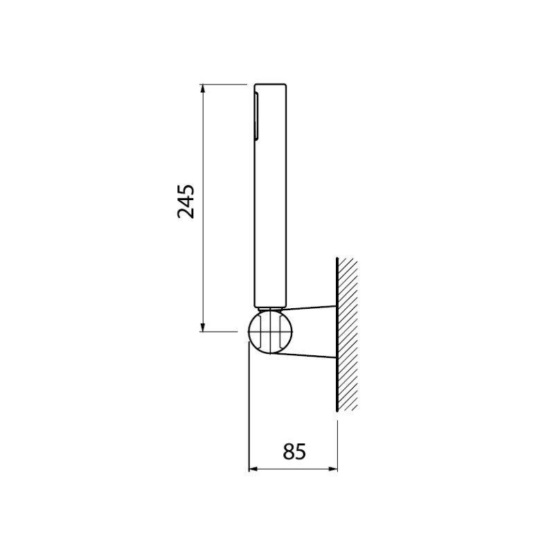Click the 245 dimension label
tap(186, 201)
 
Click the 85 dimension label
tap(294, 452)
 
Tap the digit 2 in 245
tap(186, 213)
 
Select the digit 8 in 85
tap(289, 452)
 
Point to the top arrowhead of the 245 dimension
tap(202, 89)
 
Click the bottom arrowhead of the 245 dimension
tap(202, 327)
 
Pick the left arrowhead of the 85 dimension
tap(253, 470)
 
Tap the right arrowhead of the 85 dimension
tap(333, 470)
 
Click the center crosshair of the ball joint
tap(270, 332)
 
